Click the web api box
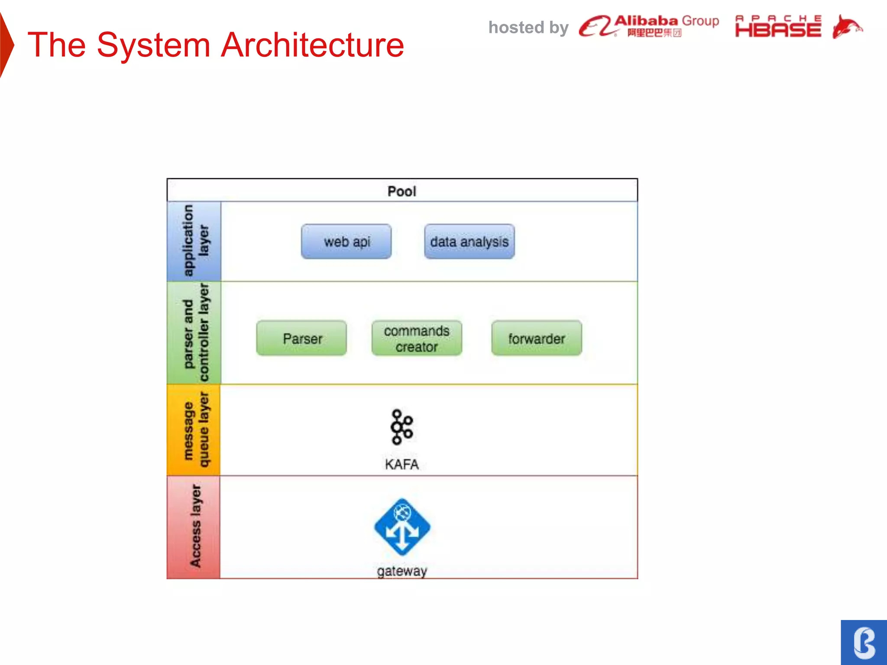[x=346, y=242]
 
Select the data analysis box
[x=469, y=242]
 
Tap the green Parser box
[x=301, y=338]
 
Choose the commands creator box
[x=417, y=338]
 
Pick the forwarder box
[x=537, y=338]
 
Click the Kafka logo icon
[x=401, y=427]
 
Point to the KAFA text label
[x=401, y=464]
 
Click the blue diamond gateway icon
[x=402, y=527]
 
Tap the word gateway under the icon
[x=402, y=571]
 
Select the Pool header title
[x=402, y=191]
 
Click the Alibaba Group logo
[x=649, y=26]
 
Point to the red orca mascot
[x=847, y=27]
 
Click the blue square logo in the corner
[x=864, y=642]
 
